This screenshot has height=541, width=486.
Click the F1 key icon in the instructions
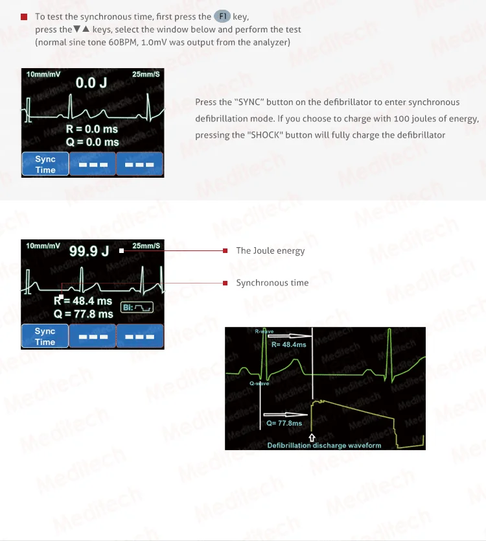tap(222, 16)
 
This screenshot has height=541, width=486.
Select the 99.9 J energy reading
tap(89, 251)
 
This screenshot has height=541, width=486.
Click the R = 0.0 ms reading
tap(92, 129)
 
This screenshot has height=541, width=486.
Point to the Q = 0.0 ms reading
tap(92, 141)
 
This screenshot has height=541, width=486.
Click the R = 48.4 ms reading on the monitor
tap(83, 301)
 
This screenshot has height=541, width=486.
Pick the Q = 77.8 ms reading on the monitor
tap(84, 314)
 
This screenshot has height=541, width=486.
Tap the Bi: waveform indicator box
tap(137, 306)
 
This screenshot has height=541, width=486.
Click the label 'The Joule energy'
tap(270, 250)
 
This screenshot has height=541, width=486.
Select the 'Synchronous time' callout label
tap(272, 283)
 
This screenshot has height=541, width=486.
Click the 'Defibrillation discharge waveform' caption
tap(324, 446)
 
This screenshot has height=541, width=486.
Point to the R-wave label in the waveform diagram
tap(265, 331)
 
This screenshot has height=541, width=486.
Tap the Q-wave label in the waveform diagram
tap(259, 383)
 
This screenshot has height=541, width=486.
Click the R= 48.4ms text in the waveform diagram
tap(288, 344)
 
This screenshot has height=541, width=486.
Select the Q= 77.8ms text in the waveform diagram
tap(284, 423)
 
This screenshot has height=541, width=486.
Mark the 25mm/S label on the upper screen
tap(146, 75)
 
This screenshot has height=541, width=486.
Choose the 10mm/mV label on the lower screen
tap(43, 246)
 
